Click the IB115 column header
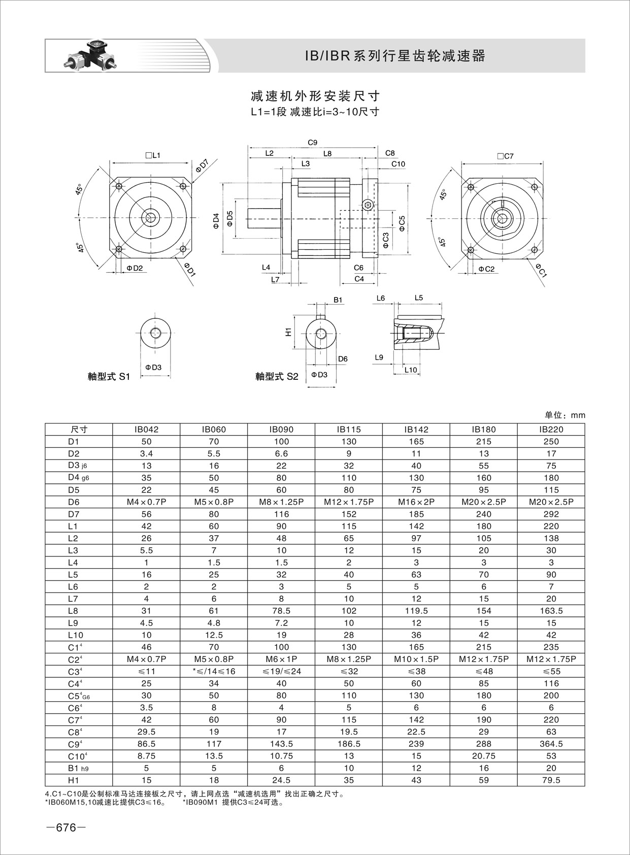point(349,429)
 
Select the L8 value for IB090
point(281,611)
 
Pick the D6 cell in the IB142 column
point(416,502)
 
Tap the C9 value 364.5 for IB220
point(551,744)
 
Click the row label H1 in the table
point(74,780)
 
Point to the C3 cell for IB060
point(214,671)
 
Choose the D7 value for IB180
point(484,514)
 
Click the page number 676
point(66,828)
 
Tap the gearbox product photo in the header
point(91,56)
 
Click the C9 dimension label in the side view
point(313,143)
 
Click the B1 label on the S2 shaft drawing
point(338,300)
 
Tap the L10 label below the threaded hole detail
point(411,370)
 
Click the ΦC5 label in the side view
point(402,224)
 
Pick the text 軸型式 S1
point(109,377)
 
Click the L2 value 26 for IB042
point(146,538)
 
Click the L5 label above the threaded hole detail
point(418,298)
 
